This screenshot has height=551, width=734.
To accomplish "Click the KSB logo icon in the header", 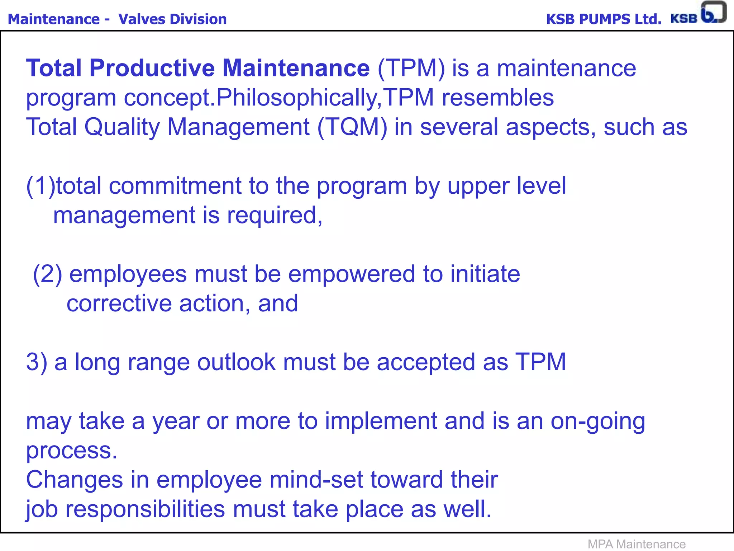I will [x=713, y=12].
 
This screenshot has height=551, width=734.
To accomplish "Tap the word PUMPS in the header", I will [x=605, y=19].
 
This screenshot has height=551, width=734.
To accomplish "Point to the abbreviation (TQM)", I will [x=352, y=127].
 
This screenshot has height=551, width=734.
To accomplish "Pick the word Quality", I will [x=122, y=128].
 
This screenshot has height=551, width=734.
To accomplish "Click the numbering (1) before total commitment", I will [x=41, y=186].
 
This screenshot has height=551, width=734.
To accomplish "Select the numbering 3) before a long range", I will [x=37, y=362].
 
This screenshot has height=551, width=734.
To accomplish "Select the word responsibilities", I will [x=145, y=509].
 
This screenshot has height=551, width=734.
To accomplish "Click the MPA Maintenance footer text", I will [x=637, y=544].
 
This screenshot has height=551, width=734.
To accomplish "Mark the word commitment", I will [x=175, y=186].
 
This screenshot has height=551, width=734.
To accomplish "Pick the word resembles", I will [x=498, y=98].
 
